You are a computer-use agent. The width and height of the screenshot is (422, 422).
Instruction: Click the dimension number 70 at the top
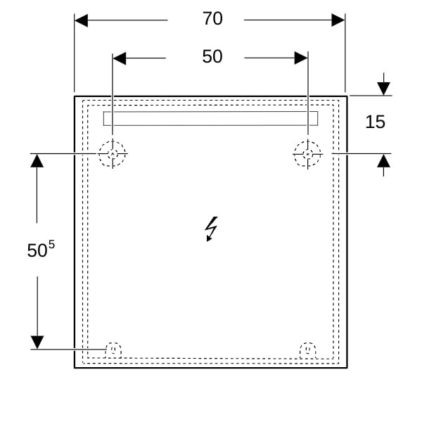[212, 18]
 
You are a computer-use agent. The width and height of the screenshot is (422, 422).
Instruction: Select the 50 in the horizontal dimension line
[212, 56]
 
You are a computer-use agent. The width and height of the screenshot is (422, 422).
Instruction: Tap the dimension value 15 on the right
[375, 122]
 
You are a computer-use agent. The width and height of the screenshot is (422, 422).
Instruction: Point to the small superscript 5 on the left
[51, 245]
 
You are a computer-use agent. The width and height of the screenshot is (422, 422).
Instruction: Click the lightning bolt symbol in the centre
[212, 229]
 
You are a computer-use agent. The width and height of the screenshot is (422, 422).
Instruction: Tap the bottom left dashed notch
[113, 343]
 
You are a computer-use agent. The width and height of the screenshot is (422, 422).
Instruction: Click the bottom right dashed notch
[308, 343]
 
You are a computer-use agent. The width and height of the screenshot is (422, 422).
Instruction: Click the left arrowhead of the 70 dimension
[81, 20]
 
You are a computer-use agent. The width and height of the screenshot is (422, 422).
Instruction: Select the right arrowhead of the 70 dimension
[338, 20]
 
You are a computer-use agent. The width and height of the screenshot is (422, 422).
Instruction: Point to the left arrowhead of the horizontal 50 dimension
[120, 58]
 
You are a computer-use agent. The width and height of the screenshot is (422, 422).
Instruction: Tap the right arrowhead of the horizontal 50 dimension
[301, 58]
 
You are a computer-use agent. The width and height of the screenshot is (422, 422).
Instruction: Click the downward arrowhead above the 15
[383, 89]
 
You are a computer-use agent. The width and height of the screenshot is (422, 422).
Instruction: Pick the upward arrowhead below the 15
[383, 161]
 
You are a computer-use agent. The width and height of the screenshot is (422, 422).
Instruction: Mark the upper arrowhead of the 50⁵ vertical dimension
[37, 160]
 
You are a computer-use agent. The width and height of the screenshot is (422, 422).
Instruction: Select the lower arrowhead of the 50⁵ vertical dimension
[37, 343]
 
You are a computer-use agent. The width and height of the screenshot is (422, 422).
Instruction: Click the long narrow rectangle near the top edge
[210, 112]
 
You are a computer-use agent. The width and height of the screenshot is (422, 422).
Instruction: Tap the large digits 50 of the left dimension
[37, 250]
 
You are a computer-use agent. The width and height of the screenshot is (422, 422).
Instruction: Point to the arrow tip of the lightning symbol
[207, 241]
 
